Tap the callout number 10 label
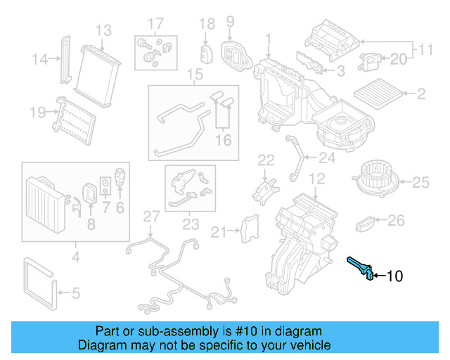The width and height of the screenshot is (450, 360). pyautogui.click(x=395, y=276)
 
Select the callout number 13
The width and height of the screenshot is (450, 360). pyautogui.click(x=103, y=30)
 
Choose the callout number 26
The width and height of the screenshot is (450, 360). pyautogui.click(x=397, y=221)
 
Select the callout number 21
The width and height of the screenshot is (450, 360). pyautogui.click(x=219, y=231)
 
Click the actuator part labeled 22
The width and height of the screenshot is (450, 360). pyautogui.click(x=264, y=189)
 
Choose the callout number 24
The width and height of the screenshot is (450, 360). pyautogui.click(x=327, y=157)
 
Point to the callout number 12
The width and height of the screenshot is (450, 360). pyautogui.click(x=317, y=178)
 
